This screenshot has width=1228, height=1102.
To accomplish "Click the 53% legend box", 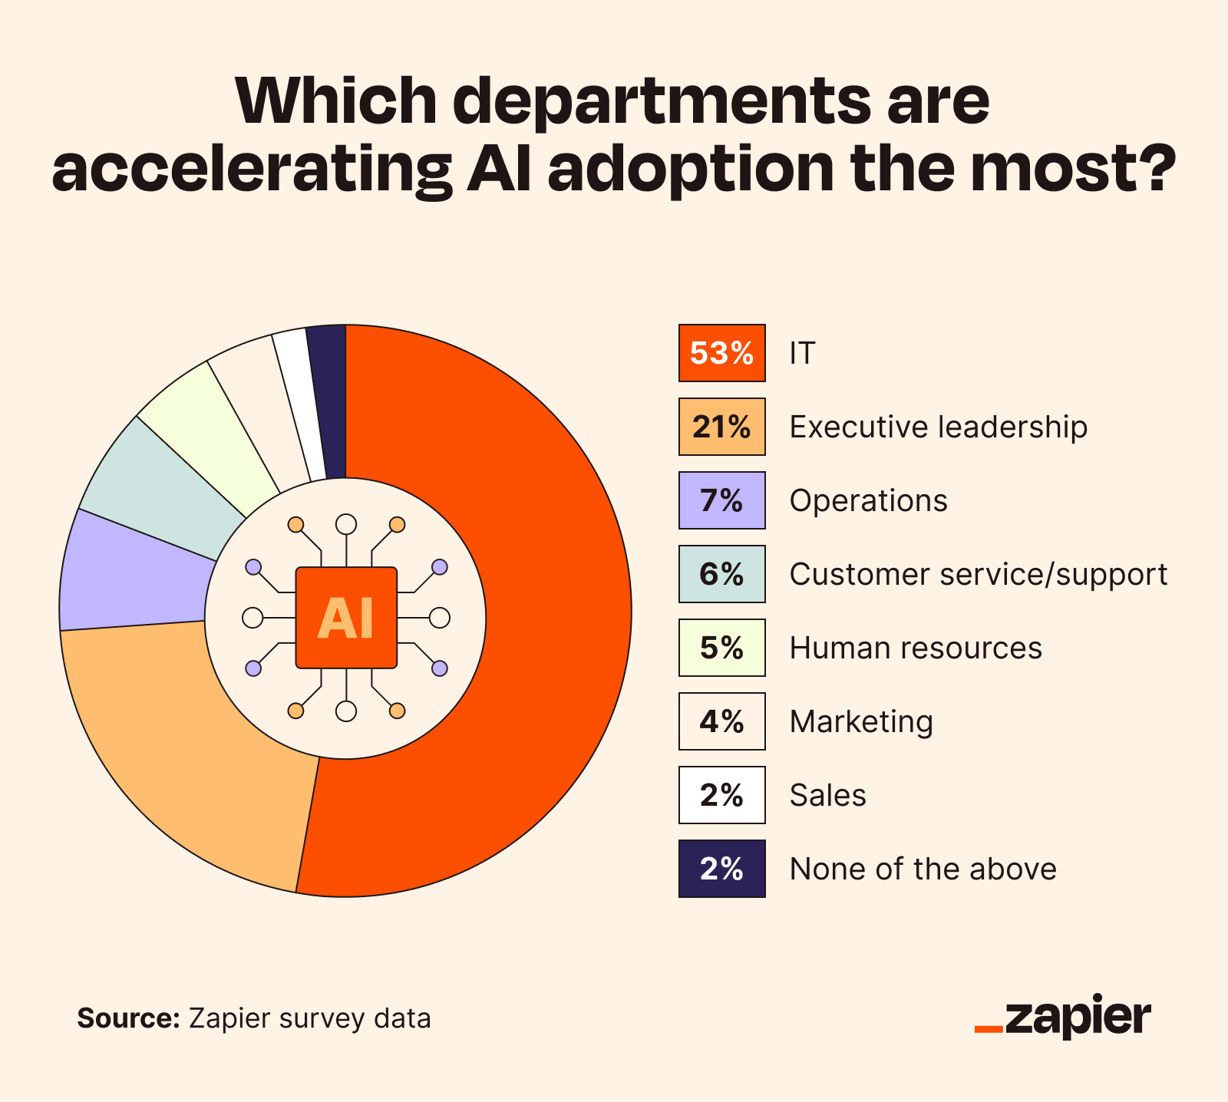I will coord(721,353).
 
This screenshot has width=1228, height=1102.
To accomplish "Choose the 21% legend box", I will coord(721,427).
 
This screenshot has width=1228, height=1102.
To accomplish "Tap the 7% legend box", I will coord(721,500).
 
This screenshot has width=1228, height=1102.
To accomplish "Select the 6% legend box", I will coord(721,574).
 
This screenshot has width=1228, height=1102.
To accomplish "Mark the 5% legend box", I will coord(721,648).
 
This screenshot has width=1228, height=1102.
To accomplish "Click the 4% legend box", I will coord(721,721).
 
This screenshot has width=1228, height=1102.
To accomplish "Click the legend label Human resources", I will coord(916,648).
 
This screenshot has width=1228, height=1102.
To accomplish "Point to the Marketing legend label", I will coord(861,722).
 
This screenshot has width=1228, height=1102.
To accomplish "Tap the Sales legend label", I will coord(827,796).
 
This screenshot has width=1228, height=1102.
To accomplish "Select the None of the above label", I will coord(923,869).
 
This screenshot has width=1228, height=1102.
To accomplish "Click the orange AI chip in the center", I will coord(346,618).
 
